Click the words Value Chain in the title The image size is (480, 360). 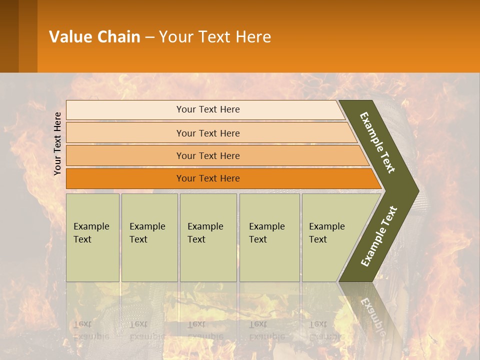click(x=94, y=37)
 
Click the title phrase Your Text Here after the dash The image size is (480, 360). click(x=215, y=37)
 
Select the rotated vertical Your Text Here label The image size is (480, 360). click(x=57, y=143)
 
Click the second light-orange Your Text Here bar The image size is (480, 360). click(x=207, y=133)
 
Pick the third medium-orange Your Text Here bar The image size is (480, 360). click(x=207, y=155)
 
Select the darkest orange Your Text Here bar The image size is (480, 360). click(x=207, y=178)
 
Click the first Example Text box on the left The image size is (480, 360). click(x=92, y=237)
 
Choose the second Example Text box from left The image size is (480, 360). click(x=149, y=237)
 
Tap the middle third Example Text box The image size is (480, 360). click(x=208, y=237)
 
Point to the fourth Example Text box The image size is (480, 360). click(x=269, y=237)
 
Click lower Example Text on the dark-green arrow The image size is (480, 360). click(x=379, y=236)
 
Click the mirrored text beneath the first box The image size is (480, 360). click(x=91, y=330)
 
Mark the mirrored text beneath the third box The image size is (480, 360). click(x=205, y=330)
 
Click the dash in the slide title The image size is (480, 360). click(x=149, y=37)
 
